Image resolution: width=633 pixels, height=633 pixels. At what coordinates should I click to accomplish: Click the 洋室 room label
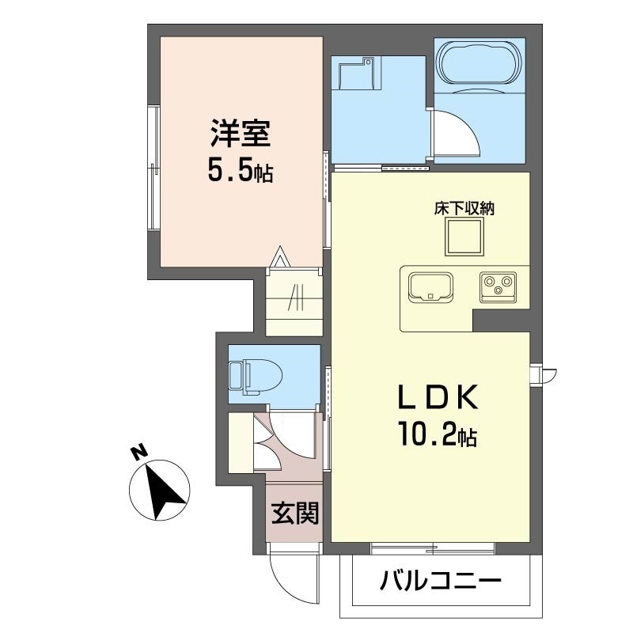coord(241,134)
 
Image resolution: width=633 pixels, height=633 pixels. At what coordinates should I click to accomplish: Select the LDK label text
coord(438,398)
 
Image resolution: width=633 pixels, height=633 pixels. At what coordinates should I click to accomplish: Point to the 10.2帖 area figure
coord(438,434)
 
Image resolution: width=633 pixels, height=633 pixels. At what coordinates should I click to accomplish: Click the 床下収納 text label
coord(464,209)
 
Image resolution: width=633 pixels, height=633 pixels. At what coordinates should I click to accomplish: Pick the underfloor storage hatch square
coord(464,237)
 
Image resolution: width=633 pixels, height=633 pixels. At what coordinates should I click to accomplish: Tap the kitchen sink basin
coord(430,287)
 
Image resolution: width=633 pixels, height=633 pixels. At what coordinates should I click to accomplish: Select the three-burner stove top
coord(498,287)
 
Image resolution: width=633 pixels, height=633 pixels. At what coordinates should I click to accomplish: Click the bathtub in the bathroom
coord(479,64)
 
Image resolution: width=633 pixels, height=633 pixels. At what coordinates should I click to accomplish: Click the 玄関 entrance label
coord(295,513)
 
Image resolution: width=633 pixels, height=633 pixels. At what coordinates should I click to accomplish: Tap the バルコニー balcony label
coord(441,582)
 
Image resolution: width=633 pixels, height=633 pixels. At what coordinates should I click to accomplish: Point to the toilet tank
coord(235,375)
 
